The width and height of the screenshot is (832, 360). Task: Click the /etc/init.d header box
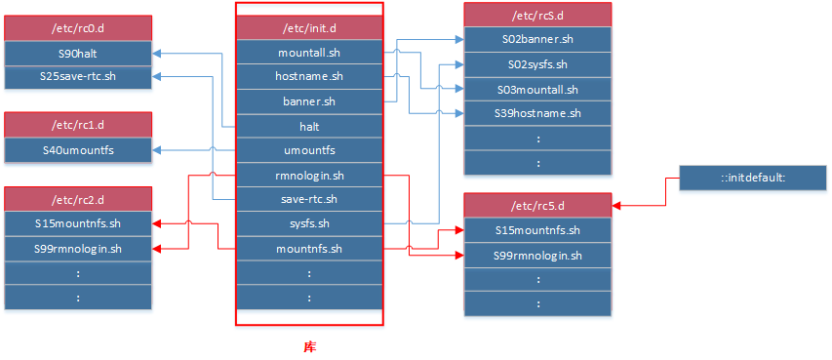(x=309, y=27)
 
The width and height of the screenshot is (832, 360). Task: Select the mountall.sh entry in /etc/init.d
(x=309, y=52)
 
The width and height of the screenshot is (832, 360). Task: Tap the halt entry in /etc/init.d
(x=309, y=126)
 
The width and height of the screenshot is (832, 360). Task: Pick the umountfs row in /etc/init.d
(x=309, y=150)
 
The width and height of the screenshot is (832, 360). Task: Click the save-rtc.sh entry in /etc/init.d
(x=309, y=199)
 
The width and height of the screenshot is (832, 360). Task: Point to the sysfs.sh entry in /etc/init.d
(x=309, y=223)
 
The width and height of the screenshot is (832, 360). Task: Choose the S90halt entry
(x=78, y=52)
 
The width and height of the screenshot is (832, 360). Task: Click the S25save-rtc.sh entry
(x=78, y=76)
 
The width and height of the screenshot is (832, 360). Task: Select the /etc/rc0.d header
(x=78, y=27)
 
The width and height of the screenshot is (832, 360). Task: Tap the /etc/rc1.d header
(x=78, y=125)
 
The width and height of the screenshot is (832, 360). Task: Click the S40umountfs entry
(x=78, y=150)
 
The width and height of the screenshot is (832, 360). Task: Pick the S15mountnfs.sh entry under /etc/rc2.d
(x=78, y=224)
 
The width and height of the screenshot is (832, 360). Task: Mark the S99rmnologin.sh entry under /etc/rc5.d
(x=537, y=256)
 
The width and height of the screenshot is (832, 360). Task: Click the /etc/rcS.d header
(x=537, y=15)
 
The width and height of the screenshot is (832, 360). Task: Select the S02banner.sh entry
(x=537, y=40)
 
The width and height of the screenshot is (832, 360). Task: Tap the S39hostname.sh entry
(x=537, y=113)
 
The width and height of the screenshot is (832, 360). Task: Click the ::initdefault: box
(x=753, y=179)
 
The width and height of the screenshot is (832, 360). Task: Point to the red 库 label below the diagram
(x=309, y=346)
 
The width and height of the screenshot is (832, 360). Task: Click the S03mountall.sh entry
(x=537, y=89)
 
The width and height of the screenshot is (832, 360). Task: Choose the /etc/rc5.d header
(x=537, y=206)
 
